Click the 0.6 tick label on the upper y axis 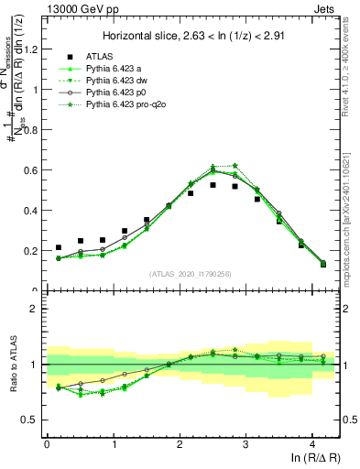pyautogui.click(x=32, y=170)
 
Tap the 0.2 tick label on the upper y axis pyautogui.click(x=32, y=251)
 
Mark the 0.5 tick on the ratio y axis pyautogui.click(x=32, y=420)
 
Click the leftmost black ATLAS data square pyautogui.click(x=59, y=247)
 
